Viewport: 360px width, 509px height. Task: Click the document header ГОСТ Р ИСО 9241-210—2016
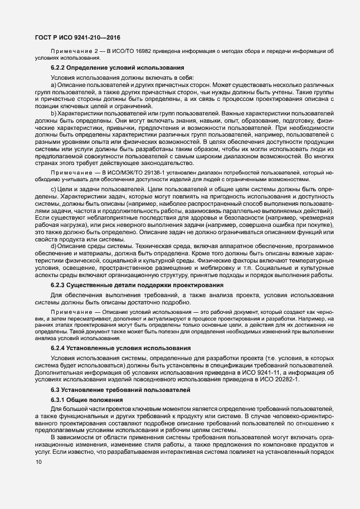74,38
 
